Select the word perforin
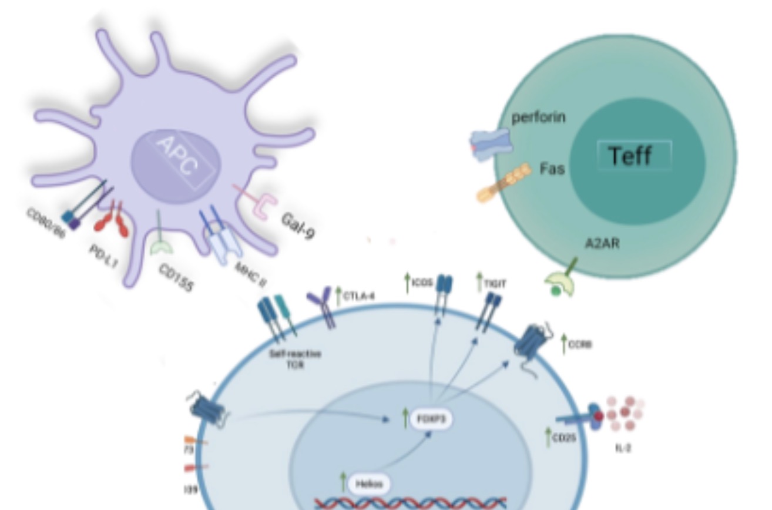point(538,118)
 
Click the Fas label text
point(552,170)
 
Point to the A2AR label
point(602,243)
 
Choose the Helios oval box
point(369,484)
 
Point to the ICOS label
point(422,283)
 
